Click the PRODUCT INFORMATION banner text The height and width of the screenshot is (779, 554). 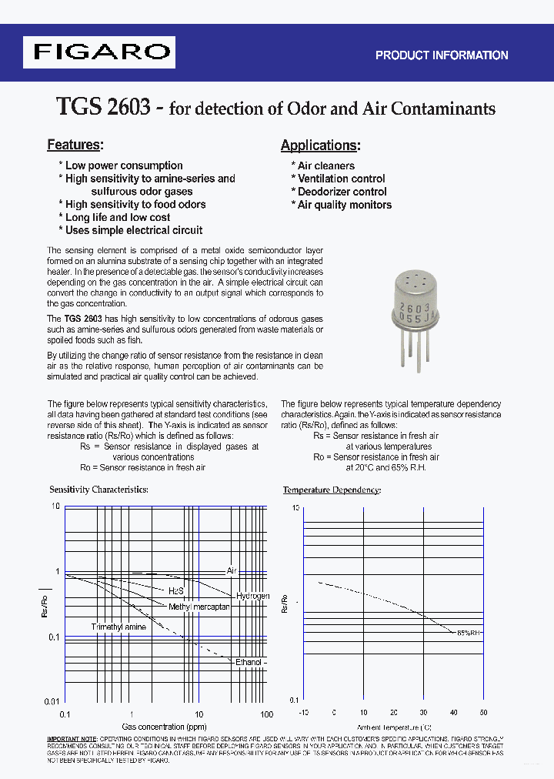441,55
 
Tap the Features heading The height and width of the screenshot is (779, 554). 75,145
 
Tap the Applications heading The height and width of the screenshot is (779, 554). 320,145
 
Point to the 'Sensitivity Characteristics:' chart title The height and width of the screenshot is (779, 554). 98,490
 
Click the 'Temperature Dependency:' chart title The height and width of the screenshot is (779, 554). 332,490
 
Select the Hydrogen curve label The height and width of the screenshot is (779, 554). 252,597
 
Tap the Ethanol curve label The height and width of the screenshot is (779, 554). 250,662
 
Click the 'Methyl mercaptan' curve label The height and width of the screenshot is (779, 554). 199,607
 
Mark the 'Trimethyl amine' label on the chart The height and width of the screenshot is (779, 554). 118,627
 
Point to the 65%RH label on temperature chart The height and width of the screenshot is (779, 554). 469,632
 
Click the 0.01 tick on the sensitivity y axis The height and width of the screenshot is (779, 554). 52,701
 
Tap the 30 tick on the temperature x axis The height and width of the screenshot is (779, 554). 423,713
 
